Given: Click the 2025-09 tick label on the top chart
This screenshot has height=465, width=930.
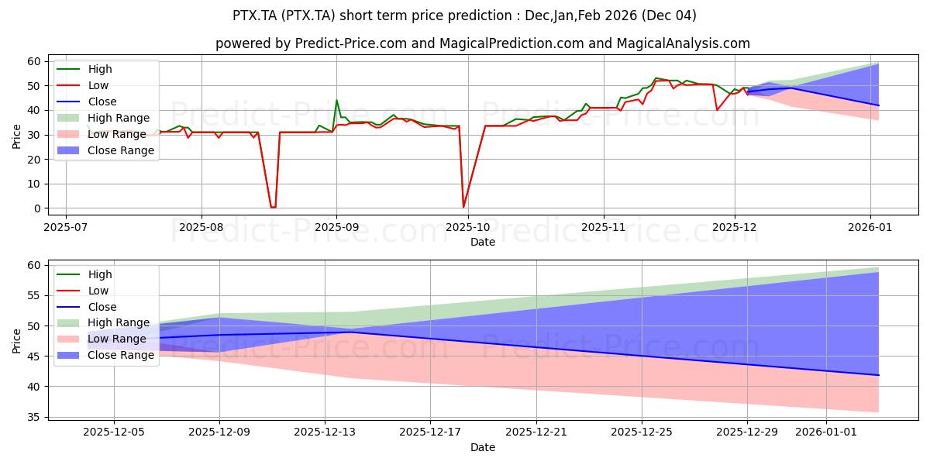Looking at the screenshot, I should click(336, 227).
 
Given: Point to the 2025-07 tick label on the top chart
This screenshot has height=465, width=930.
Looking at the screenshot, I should click(66, 227).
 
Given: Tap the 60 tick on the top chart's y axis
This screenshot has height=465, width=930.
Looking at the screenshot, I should click(34, 61).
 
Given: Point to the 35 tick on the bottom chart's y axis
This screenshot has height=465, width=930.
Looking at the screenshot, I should click(34, 417).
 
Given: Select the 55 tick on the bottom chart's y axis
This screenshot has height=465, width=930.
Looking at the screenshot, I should click(34, 296).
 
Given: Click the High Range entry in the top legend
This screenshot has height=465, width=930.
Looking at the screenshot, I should click(119, 118).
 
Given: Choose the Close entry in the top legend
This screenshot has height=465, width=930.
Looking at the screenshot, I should click(102, 102).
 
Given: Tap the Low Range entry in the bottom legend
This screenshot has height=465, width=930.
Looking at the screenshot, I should click(116, 339).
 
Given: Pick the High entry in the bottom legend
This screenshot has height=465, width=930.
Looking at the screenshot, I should click(100, 274).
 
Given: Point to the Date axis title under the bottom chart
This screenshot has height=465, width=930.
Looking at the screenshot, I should click(482, 447).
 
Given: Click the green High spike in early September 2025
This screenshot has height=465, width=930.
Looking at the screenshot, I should click(336, 100).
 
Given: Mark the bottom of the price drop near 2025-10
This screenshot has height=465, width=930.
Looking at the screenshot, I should click(463, 207).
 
